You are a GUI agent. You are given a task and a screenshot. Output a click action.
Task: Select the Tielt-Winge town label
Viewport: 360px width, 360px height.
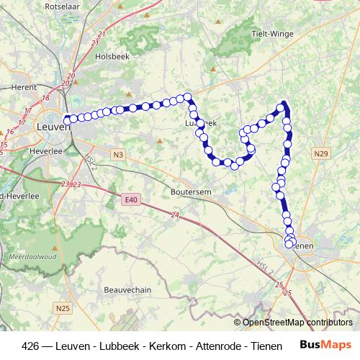point(272,34)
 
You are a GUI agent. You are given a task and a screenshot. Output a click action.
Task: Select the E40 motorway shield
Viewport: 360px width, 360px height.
point(130,199)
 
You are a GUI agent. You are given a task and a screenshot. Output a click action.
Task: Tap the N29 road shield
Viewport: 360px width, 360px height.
point(321,153)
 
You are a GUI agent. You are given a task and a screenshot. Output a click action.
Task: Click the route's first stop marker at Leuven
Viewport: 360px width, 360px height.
point(67,120)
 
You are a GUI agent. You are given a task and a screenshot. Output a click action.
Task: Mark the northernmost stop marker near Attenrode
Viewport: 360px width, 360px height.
point(284,104)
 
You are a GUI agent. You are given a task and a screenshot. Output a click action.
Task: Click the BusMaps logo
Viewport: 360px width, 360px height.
point(325,345)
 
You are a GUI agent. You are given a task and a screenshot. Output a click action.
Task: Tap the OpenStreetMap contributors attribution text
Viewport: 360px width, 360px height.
point(297,323)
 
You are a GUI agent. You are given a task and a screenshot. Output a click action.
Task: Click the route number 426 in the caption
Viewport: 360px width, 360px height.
point(31,346)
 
